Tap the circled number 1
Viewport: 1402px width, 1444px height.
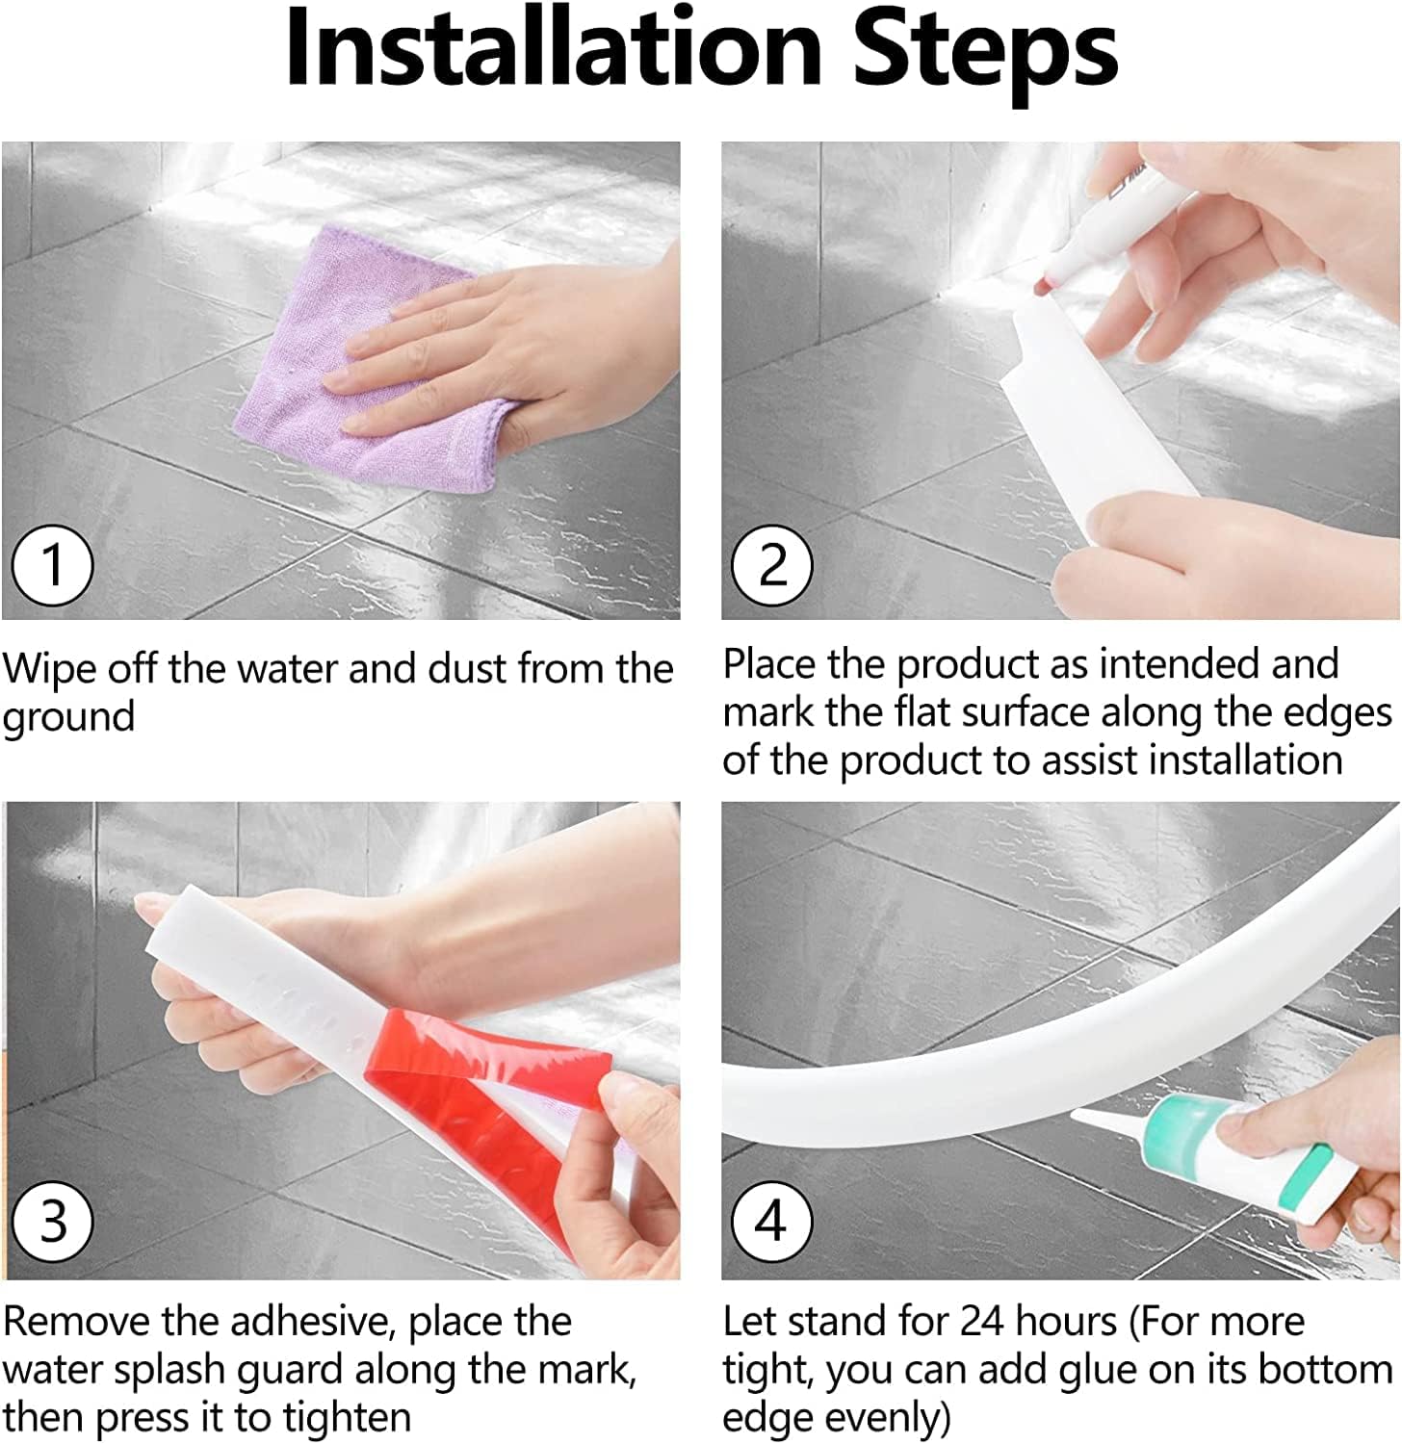pos(53,565)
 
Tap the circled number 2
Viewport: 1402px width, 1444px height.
pos(772,565)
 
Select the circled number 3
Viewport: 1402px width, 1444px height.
pos(53,1223)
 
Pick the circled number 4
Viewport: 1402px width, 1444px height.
pos(772,1223)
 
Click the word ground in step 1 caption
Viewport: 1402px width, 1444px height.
pos(68,718)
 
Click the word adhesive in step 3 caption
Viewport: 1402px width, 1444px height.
pos(316,1322)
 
